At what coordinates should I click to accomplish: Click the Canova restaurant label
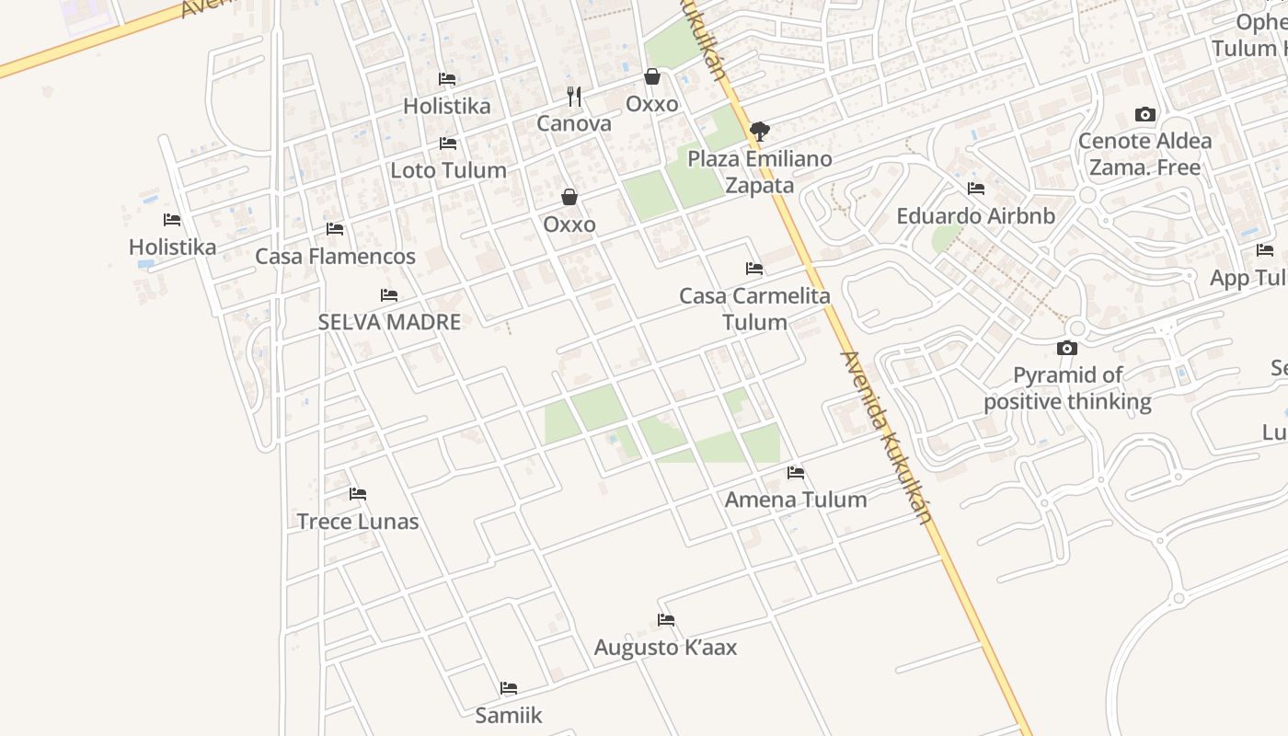(574, 123)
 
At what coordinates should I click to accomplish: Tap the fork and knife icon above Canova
(574, 96)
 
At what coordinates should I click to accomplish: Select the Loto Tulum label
(448, 170)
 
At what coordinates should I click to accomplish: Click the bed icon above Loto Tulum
(448, 144)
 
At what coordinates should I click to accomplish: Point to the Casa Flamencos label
(335, 257)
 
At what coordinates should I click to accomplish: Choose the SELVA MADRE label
(389, 323)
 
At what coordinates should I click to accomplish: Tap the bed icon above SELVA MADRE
(389, 295)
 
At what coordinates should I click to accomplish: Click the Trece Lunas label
(357, 522)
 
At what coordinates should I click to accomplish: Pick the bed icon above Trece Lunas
(358, 494)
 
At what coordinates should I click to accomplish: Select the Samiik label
(509, 715)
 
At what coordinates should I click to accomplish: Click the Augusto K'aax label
(665, 648)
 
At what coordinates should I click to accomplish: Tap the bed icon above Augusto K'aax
(666, 620)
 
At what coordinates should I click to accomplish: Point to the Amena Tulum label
(796, 500)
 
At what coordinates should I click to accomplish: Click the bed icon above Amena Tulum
(796, 473)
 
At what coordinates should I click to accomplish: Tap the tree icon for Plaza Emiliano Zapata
(759, 132)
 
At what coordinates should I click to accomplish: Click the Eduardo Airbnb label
(975, 216)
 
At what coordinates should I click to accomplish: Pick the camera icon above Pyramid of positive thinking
(1067, 348)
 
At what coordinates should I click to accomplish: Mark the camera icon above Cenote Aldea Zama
(1145, 115)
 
